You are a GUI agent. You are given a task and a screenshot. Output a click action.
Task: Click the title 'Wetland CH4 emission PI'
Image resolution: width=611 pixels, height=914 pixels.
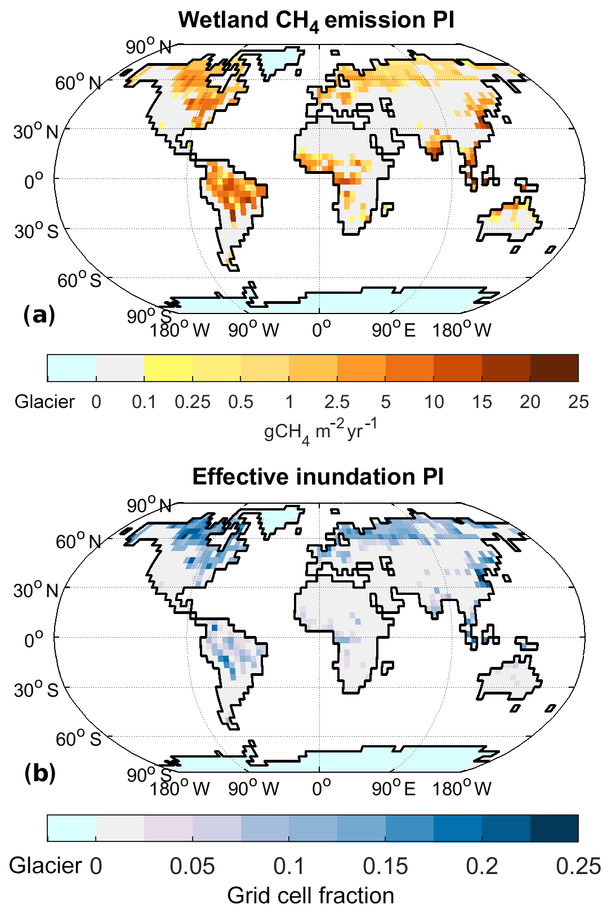point(316,20)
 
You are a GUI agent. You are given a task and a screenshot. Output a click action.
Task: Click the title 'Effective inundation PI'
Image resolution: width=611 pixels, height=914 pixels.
point(318,477)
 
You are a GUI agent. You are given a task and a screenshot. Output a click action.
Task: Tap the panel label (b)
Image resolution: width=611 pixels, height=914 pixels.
point(39,774)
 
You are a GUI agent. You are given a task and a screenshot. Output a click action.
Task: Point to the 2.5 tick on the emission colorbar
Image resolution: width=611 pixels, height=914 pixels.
point(337,402)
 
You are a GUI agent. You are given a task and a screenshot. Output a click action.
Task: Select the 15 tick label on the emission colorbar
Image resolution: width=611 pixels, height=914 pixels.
point(482,402)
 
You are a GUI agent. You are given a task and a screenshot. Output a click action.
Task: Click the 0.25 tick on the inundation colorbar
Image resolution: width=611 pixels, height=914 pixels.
point(578,866)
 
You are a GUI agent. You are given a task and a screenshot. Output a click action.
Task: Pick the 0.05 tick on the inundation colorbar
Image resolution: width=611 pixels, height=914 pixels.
point(193,866)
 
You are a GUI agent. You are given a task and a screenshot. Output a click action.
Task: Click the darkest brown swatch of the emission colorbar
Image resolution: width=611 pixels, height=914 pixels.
point(554,368)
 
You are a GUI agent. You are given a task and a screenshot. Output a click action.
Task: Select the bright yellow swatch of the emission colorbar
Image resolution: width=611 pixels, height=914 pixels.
point(168,368)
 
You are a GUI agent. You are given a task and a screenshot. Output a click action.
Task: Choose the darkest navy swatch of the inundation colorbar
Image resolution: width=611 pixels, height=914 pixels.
point(554,827)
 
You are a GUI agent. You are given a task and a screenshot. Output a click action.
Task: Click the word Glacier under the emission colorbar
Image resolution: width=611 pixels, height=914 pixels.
point(44,402)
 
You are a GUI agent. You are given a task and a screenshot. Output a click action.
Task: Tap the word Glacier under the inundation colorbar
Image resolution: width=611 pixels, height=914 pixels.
point(46,866)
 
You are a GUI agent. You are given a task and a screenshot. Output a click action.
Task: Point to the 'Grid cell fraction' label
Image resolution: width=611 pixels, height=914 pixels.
point(310,895)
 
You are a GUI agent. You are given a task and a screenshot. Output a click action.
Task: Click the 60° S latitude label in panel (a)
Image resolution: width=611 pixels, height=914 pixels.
point(79,280)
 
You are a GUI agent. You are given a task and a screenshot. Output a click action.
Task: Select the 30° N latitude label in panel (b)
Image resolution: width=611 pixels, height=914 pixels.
point(36,590)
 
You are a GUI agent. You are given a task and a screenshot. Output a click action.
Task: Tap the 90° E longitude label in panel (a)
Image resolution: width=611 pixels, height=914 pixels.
point(394,330)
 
